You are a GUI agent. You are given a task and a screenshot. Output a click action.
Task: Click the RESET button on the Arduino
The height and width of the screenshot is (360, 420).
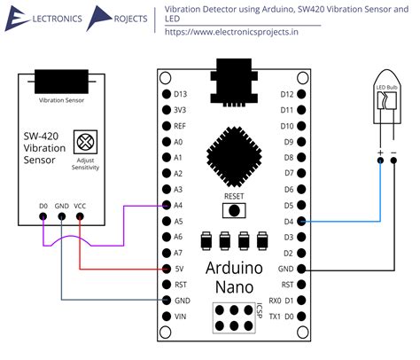click(234, 210)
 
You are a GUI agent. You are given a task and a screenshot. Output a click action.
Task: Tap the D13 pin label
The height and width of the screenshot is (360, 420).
click(181, 94)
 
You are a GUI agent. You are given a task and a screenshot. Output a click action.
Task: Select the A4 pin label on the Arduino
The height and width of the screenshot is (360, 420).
click(178, 205)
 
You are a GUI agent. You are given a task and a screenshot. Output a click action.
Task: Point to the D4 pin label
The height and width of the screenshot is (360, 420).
click(287, 221)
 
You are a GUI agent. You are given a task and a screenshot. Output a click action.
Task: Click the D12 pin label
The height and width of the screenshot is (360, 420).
click(287, 94)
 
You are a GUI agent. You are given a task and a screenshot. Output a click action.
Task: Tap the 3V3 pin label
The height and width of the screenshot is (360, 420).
click(180, 110)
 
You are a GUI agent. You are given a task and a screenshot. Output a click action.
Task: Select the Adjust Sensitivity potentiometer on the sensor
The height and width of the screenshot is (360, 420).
click(86, 140)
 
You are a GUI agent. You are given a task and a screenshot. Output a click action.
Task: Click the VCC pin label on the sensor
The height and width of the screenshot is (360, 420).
click(81, 206)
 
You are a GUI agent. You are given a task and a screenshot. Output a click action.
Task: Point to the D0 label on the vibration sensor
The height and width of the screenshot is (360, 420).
click(43, 206)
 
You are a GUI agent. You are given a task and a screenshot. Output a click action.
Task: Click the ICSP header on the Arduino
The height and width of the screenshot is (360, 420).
click(232, 317)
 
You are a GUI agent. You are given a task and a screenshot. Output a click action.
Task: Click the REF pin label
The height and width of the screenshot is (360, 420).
click(179, 126)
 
